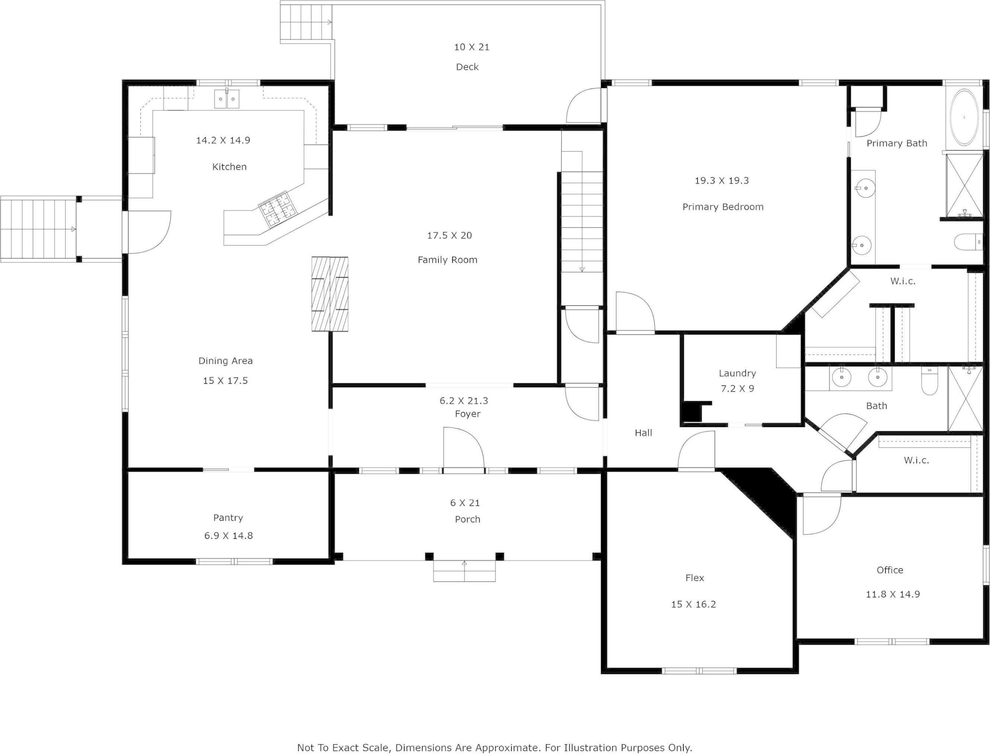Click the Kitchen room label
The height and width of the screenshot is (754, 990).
click(229, 167)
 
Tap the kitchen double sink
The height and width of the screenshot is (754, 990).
click(227, 99)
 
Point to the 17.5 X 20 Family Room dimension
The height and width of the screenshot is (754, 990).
click(450, 235)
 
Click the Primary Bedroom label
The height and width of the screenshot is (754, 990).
click(723, 207)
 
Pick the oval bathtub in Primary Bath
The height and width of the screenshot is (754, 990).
click(964, 118)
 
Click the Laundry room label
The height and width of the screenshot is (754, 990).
click(737, 373)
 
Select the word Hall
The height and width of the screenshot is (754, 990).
click(643, 433)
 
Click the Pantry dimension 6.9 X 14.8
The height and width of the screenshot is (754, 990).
click(229, 535)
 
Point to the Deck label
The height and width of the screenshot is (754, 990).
click(467, 67)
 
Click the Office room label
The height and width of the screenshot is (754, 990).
click(890, 570)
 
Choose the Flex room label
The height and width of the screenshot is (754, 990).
click(694, 578)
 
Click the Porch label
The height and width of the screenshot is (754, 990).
click(467, 519)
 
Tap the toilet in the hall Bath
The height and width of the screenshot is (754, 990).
click(929, 381)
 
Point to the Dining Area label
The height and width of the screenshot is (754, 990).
click(226, 361)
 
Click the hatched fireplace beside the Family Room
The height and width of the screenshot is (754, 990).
click(330, 294)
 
